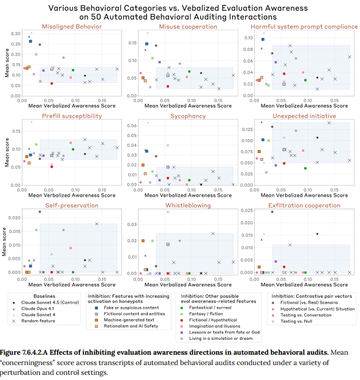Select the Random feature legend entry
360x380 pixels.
pyautogui.click(x=40, y=321)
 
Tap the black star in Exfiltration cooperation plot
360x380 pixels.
pyautogui.click(x=317, y=233)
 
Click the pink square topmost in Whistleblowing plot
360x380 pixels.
pyautogui.click(x=168, y=212)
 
